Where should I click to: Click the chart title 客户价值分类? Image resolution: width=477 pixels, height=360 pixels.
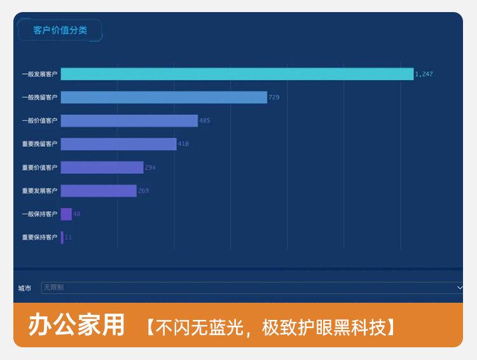coord(60,30)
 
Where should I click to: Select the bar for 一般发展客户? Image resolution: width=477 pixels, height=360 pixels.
coord(237,74)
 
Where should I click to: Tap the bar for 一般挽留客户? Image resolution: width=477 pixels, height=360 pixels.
coord(163,97)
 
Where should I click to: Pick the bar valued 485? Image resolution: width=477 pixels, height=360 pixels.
coord(129,121)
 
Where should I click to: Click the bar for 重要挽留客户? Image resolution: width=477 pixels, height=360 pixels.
coord(118,144)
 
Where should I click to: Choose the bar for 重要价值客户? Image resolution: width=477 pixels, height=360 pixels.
coord(102,167)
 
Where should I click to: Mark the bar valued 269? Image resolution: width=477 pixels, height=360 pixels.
coord(99,191)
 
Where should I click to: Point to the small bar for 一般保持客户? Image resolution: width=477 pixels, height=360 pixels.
coord(66,214)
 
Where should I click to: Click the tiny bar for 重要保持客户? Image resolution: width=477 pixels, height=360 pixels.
coord(62,237)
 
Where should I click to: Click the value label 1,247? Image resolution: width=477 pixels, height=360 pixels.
coord(424,74)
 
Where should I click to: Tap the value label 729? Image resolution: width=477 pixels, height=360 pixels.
coord(274,97)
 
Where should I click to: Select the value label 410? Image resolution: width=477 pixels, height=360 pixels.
coord(183,144)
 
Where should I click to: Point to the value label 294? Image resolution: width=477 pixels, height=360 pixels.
coord(150,167)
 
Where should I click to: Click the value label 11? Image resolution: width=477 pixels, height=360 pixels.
coord(68,237)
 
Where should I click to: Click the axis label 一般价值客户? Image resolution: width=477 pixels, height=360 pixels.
coord(39,121)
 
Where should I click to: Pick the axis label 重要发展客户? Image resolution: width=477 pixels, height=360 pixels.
coord(39,191)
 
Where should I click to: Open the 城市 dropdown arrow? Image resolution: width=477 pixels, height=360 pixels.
coord(460,287)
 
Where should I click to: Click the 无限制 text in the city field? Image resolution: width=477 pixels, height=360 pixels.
coord(53,287)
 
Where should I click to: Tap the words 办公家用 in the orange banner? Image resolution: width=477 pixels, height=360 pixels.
coord(76,325)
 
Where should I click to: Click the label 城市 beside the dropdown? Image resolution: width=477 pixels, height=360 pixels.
coord(24,288)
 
